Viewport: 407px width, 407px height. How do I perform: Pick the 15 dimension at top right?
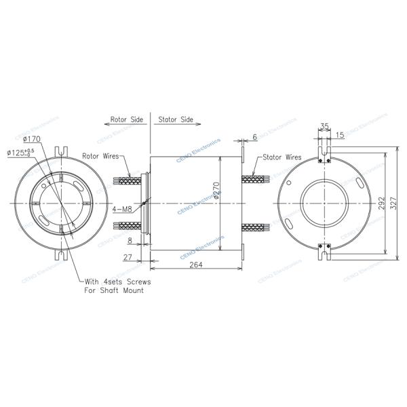tap(339, 135)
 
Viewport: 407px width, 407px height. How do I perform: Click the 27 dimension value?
tap(128, 257)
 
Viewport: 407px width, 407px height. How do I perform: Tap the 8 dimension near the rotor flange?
tap(130, 240)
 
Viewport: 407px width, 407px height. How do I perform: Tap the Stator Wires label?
tap(282, 157)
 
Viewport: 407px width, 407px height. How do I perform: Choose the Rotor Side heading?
tap(127, 119)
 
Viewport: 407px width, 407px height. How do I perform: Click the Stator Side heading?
tap(176, 119)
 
